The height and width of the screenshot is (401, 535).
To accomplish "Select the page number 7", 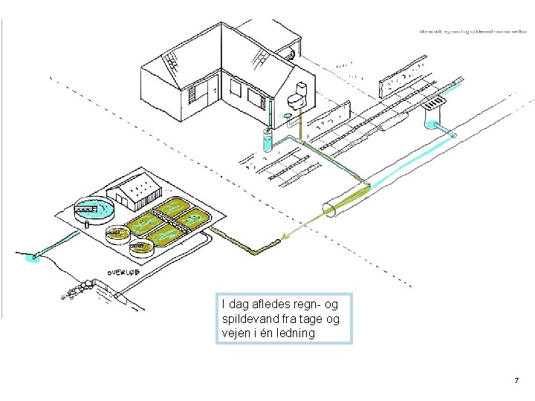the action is point(516,381).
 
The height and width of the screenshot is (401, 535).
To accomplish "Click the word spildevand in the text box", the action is point(248,319).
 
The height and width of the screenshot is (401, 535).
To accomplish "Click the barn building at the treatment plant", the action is point(137,192).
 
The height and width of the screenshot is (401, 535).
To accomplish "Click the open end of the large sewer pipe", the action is point(329,210).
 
